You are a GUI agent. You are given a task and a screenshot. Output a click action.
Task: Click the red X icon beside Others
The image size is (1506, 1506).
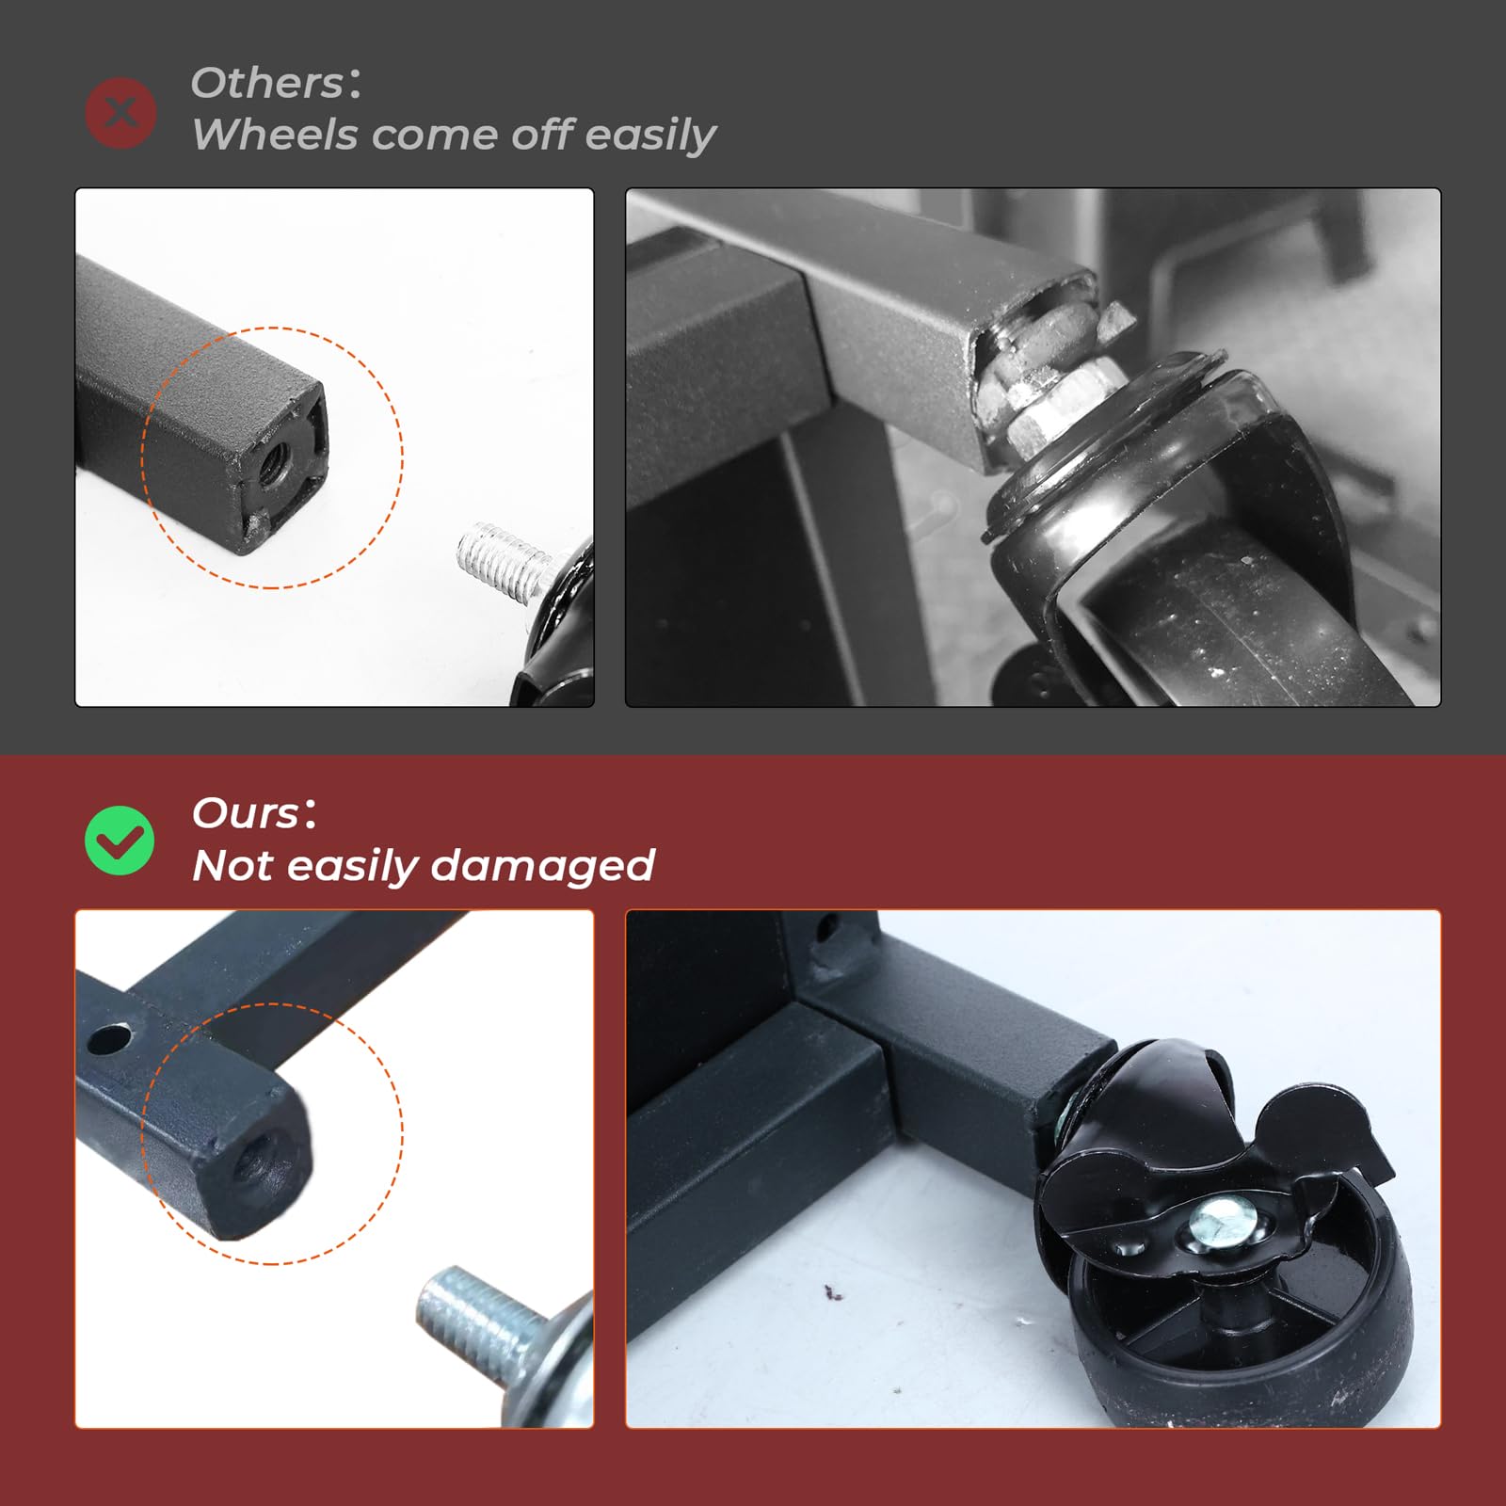[120, 113]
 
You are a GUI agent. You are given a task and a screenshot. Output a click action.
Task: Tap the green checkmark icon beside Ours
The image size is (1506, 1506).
[120, 841]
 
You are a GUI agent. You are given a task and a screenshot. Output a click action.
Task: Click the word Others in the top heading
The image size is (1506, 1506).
[268, 83]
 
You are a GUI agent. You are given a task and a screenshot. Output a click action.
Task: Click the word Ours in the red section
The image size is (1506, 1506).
[247, 813]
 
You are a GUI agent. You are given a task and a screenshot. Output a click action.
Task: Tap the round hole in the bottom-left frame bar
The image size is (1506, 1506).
[110, 1040]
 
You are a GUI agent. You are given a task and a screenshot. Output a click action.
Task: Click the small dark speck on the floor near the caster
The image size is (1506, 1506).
[832, 1294]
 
